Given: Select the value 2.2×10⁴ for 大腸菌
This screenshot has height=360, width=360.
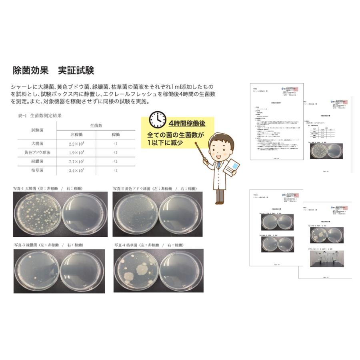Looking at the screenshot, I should [76, 144].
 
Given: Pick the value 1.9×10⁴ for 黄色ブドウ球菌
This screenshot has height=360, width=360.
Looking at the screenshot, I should [76, 152].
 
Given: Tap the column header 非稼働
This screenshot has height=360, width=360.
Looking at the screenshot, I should [76, 134].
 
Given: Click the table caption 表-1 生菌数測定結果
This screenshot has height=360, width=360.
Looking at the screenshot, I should [40, 116].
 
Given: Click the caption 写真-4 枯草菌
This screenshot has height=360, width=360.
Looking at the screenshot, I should [132, 244].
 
